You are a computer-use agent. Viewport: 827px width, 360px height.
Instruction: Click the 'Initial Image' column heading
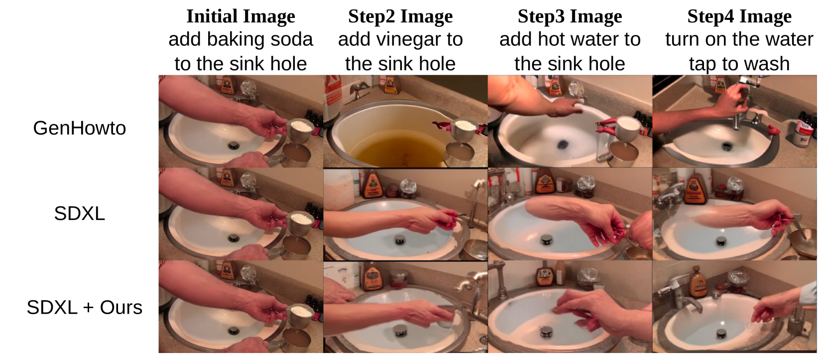tap(240, 16)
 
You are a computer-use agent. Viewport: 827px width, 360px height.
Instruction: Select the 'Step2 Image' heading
tap(400, 16)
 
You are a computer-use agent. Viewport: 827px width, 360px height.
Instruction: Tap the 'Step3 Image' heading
tap(570, 16)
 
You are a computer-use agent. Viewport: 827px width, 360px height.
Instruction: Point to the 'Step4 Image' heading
tap(739, 16)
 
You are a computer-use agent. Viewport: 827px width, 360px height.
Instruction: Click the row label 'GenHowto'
tap(79, 128)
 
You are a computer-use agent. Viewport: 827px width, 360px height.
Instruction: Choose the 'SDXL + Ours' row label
tap(84, 307)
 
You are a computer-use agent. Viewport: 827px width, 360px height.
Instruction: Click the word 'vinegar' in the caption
tap(405, 39)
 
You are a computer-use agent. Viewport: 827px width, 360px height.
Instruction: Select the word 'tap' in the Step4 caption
tap(702, 64)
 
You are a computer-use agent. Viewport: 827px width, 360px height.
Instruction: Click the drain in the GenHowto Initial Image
tap(234, 145)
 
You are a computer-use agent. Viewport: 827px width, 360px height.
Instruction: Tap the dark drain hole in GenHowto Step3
tap(563, 144)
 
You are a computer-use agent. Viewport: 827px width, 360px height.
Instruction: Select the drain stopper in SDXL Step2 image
tap(399, 240)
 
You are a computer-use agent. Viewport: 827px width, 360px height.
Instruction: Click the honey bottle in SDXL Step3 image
tap(545, 182)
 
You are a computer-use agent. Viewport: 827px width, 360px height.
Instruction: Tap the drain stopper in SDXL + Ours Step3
tap(546, 332)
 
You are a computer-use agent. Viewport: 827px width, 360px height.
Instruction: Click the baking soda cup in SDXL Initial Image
tap(300, 224)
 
